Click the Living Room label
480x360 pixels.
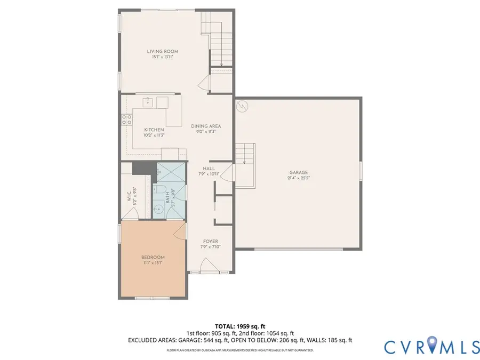163,52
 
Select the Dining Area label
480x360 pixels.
206,126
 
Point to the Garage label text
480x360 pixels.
299,172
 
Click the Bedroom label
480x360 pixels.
154,257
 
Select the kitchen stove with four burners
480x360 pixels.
127,119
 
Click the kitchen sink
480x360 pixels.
148,102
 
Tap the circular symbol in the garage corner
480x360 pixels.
242,107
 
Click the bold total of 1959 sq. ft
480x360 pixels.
239,325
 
